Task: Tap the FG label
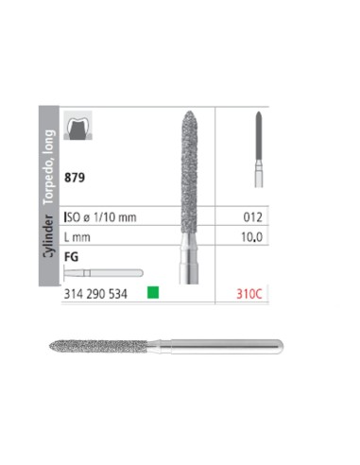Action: [71, 256]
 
